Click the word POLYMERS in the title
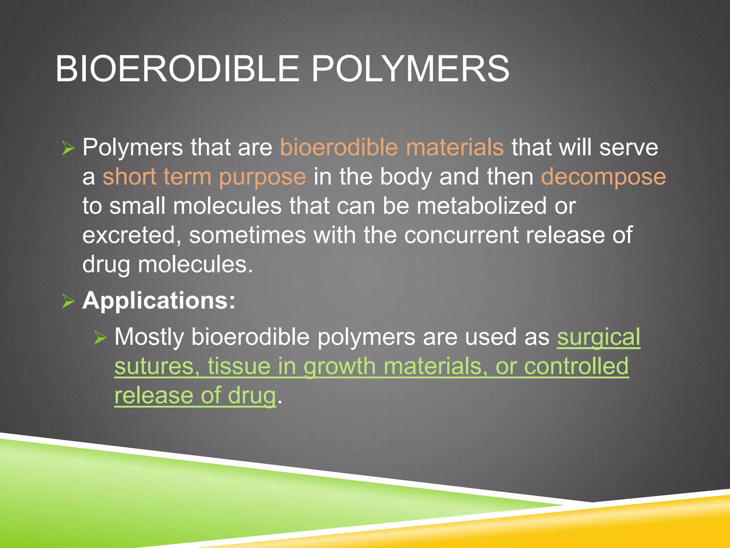pos(410,68)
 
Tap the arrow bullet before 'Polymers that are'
pos(68,148)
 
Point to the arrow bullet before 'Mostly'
pos(101,337)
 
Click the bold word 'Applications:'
pos(159,300)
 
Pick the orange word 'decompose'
pos(603,177)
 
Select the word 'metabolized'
pos(481,206)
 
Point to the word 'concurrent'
pos(461,235)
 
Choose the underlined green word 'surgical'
pos(598,337)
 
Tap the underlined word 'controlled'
pos(576,366)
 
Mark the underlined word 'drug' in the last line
pos(252,396)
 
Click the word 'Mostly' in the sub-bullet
pos(149,337)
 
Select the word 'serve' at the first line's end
pos(628,148)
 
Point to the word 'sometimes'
pos(247,235)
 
